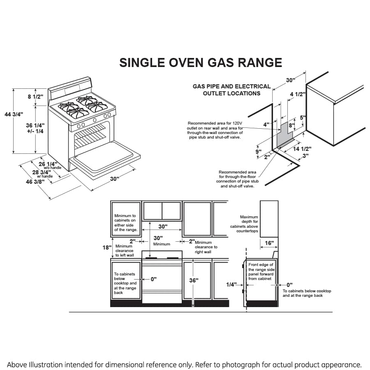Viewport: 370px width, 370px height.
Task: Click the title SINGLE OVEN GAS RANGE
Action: click(x=200, y=62)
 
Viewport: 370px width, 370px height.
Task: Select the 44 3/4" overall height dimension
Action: click(x=14, y=114)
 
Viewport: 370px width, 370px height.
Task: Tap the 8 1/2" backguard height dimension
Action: click(x=35, y=97)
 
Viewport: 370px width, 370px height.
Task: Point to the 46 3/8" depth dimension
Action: click(x=35, y=181)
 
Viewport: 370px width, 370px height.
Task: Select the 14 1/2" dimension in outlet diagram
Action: click(x=303, y=149)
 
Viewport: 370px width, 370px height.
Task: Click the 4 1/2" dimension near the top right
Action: click(x=298, y=94)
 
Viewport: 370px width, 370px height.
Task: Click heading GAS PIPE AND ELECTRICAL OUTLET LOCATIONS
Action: click(x=231, y=90)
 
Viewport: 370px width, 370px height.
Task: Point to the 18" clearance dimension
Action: click(x=107, y=247)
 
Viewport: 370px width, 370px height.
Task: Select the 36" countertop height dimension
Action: click(x=194, y=280)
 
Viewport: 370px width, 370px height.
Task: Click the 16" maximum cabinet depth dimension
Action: click(x=269, y=243)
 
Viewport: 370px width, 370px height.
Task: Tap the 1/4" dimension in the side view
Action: click(x=231, y=284)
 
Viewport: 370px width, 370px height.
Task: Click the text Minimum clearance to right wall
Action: click(x=206, y=247)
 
